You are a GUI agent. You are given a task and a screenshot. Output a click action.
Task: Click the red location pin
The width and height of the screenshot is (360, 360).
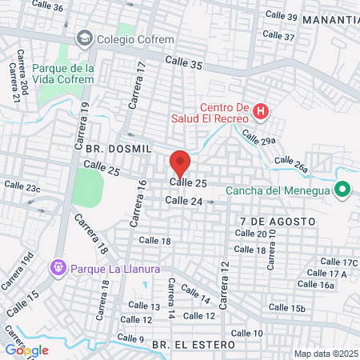[x=180, y=163]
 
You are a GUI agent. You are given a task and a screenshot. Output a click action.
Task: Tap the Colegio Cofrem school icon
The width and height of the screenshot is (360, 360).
[x=83, y=38]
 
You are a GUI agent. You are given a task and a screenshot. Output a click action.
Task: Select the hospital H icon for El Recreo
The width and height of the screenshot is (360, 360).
[x=260, y=111]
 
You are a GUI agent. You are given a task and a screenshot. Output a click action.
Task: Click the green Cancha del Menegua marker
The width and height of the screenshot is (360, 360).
[x=342, y=190]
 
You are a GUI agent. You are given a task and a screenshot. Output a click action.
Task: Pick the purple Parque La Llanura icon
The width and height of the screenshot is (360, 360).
[x=58, y=266]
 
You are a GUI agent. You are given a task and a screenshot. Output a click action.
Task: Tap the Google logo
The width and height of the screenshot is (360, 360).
[x=26, y=350]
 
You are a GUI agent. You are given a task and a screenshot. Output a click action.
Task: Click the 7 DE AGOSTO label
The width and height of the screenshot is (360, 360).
[x=266, y=219]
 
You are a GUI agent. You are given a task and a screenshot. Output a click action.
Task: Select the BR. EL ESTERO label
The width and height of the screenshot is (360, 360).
[x=194, y=344]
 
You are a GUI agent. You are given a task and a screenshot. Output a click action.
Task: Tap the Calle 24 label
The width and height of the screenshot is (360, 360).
[x=182, y=201]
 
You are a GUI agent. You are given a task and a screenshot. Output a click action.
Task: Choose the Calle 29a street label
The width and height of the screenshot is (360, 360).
[x=258, y=138]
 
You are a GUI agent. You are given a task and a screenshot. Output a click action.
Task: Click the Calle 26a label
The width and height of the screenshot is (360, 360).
[x=291, y=164]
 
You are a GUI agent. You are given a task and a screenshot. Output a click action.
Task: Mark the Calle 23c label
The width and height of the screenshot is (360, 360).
[x=22, y=186]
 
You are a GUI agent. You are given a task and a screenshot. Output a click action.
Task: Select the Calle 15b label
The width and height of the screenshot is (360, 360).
[x=287, y=307]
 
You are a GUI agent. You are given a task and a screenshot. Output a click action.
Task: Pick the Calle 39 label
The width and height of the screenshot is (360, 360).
[x=281, y=18]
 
